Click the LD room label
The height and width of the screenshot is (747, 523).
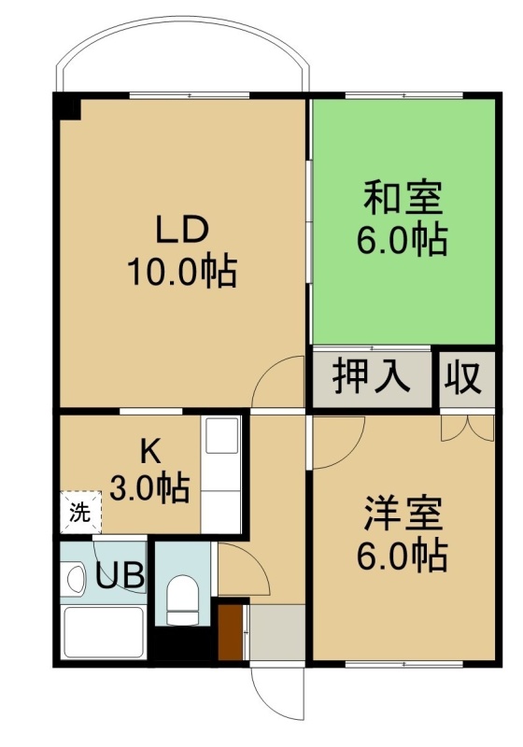click(182, 231)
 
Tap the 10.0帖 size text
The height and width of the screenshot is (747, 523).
click(181, 273)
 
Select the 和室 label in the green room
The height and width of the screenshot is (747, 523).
click(403, 197)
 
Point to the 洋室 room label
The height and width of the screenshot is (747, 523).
click(403, 514)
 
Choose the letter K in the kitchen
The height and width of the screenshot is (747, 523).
click(150, 453)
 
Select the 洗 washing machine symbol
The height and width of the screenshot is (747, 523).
click(80, 512)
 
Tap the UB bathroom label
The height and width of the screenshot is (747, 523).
click(120, 575)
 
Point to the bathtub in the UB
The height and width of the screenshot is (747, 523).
click(104, 632)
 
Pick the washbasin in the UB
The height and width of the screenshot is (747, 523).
click(75, 578)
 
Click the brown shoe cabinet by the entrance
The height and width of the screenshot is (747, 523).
click(231, 632)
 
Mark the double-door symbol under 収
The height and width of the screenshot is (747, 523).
click(468, 428)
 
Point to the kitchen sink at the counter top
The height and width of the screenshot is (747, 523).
click(221, 435)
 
